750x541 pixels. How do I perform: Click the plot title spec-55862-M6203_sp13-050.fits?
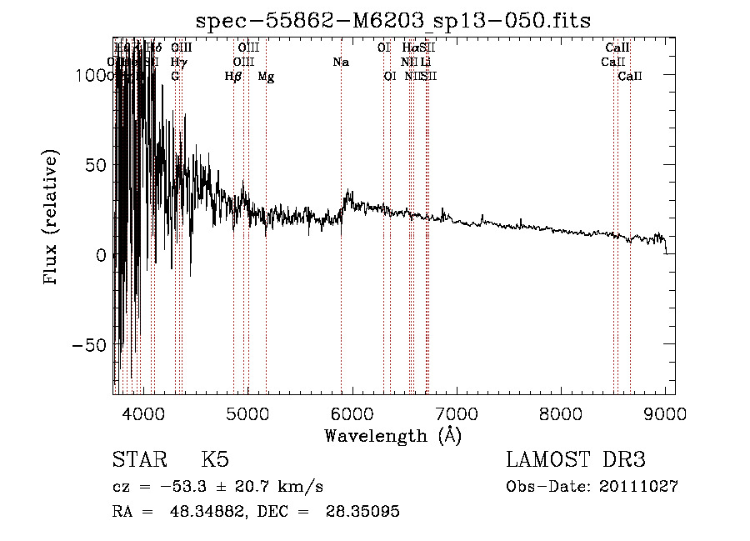point(392,20)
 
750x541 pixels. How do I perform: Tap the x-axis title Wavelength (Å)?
point(392,434)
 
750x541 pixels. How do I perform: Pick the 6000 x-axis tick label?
point(352,413)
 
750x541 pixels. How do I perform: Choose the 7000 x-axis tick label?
point(456,413)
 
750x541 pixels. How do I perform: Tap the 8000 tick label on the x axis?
point(561,413)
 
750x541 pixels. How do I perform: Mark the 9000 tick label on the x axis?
point(665,413)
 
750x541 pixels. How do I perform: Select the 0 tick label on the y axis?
point(100,255)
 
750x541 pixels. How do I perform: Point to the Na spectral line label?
point(340,63)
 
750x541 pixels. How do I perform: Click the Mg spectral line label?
point(266,77)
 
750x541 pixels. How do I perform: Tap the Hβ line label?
point(233,77)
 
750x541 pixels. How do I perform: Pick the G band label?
point(175,77)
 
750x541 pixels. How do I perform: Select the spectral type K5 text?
point(215,460)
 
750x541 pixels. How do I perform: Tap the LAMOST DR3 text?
point(575,460)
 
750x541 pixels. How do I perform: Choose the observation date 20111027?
point(638,487)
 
